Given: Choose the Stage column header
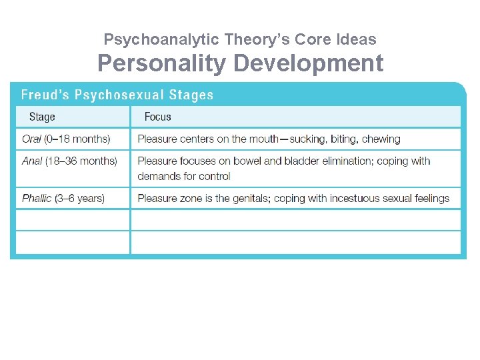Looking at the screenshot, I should [x=42, y=117].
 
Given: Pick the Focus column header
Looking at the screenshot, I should [x=157, y=117].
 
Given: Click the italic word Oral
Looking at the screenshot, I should [x=31, y=139].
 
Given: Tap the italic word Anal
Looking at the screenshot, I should [x=32, y=161].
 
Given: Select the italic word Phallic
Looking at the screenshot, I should [x=36, y=198].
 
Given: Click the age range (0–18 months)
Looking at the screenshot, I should [x=77, y=139].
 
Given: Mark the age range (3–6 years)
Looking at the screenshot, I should [x=80, y=198].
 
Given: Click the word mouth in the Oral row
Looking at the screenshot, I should [x=263, y=139].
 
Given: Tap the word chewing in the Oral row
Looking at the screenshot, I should [x=381, y=139].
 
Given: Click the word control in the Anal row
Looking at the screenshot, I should [x=215, y=177].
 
